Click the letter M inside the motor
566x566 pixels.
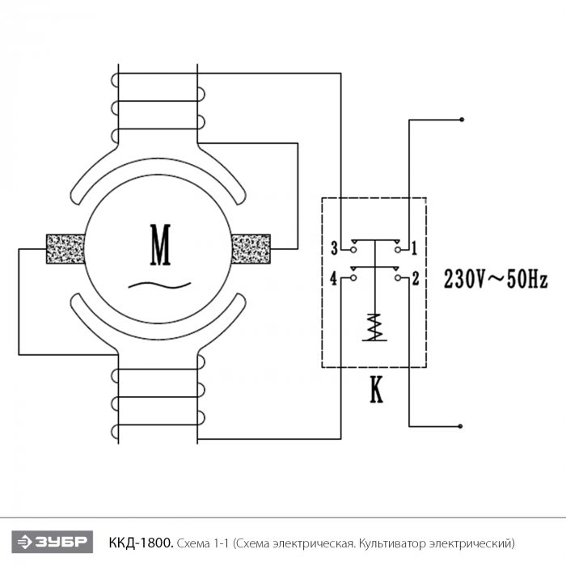click(160, 245)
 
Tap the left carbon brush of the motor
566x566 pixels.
click(65, 249)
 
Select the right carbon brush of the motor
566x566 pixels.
click(251, 249)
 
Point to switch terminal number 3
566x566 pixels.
click(335, 248)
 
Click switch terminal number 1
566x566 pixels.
click(414, 248)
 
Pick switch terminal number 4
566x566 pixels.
click(334, 279)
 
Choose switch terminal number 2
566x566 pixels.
click(416, 279)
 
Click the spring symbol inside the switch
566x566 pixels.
click(374, 327)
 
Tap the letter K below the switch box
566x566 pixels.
click(376, 390)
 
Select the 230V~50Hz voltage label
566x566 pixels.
click(496, 280)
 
